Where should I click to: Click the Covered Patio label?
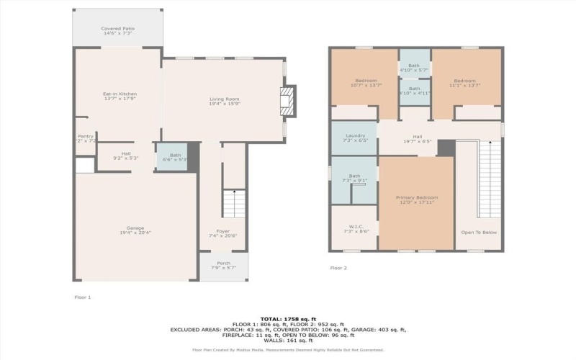(117, 31)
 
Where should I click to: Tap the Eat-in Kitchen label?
(119, 96)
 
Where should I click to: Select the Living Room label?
(224, 102)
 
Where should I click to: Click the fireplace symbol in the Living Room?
(287, 102)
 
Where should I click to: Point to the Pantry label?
(86, 138)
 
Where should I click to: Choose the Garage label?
(135, 230)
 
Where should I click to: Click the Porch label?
(223, 266)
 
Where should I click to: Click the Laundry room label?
(356, 138)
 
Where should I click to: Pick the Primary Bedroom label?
(417, 199)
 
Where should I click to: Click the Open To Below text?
(479, 233)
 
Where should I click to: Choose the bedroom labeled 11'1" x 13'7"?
(464, 83)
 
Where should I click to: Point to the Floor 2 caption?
(338, 268)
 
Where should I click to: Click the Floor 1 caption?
(83, 297)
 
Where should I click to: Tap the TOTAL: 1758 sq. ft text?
(287, 318)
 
